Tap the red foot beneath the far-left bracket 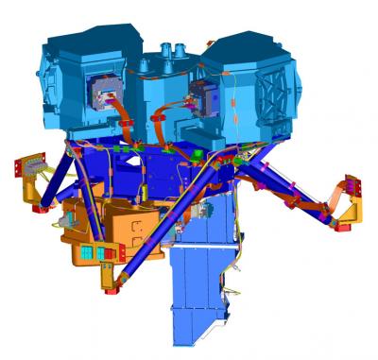tap(39, 210)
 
